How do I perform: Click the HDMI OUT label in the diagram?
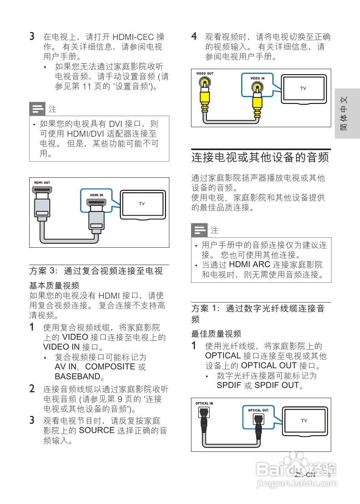[42, 182]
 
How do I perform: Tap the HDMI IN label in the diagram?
[96, 195]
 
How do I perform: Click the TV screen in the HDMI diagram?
[142, 204]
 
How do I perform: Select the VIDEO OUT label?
[204, 74]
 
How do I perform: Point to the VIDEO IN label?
[257, 78]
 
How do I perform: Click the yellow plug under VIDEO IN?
[257, 102]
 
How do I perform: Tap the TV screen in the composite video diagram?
[303, 88]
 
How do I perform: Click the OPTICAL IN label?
[204, 403]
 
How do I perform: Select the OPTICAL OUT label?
[258, 410]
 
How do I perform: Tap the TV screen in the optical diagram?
[304, 421]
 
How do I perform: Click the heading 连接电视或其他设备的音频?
[260, 157]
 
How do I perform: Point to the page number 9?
[329, 475]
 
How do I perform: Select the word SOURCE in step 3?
[97, 430]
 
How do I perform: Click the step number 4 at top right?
[194, 37]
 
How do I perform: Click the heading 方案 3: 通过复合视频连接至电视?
[96, 271]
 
